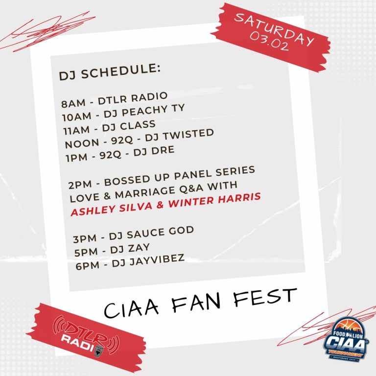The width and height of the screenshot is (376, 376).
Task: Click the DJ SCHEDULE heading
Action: [109, 73]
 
